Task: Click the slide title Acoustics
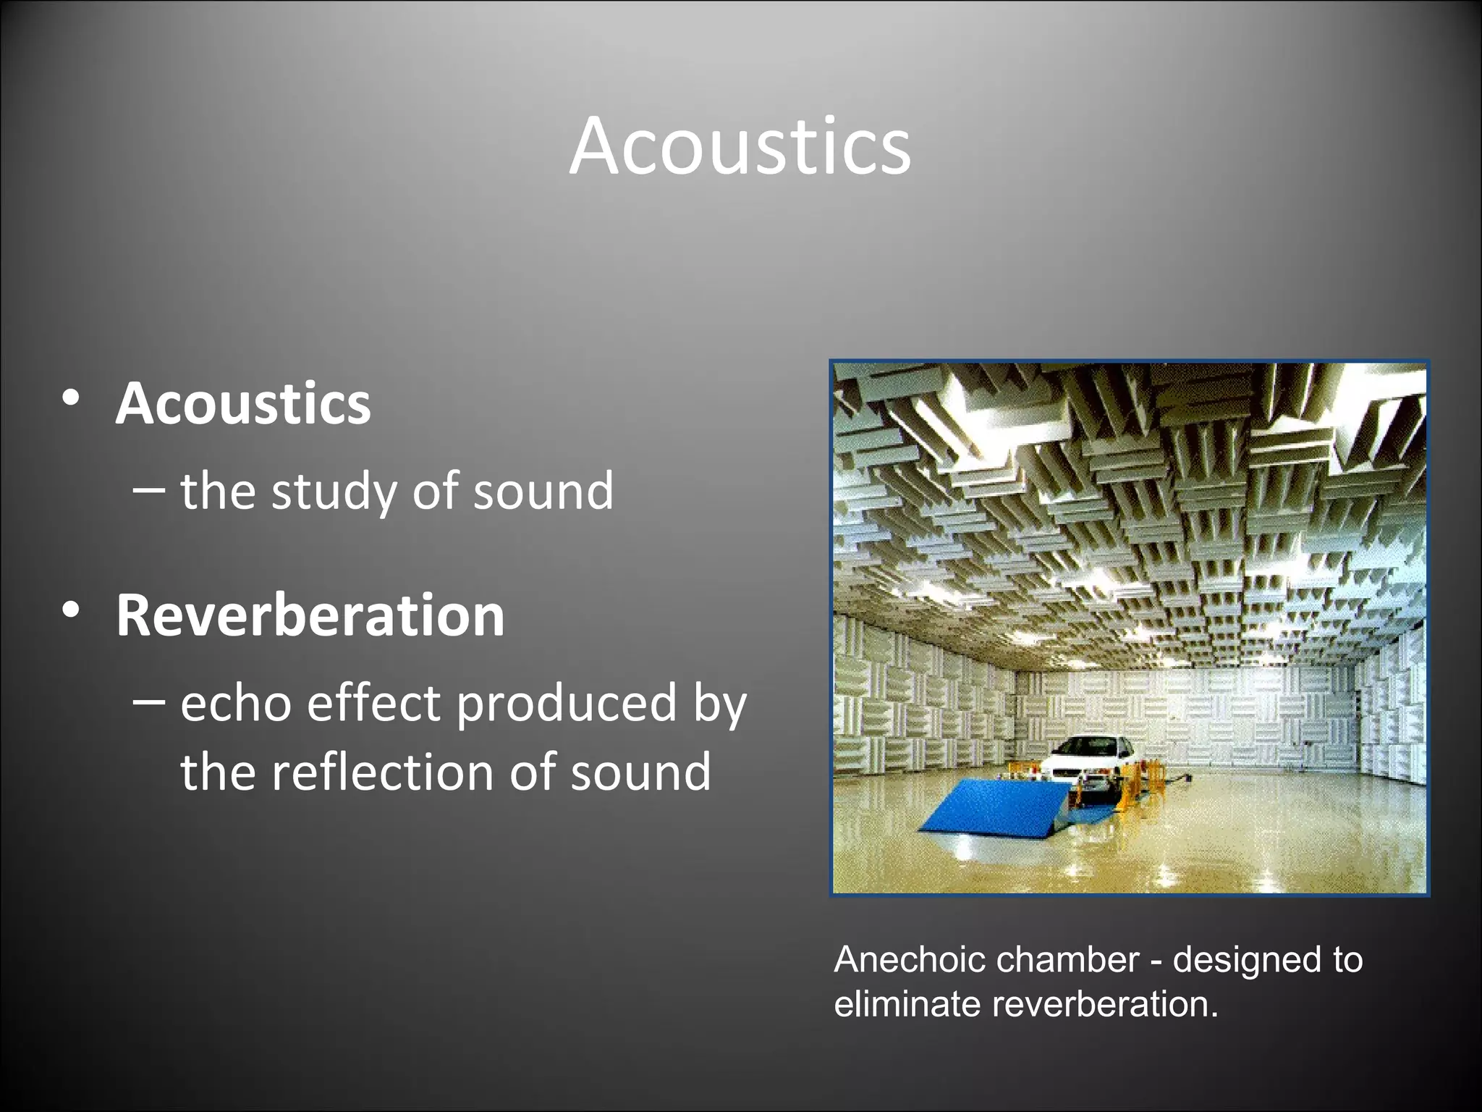(x=740, y=146)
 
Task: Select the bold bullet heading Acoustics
(x=243, y=403)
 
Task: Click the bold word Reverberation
(x=310, y=615)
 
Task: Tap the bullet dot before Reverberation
(x=71, y=610)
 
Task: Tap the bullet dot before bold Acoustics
(x=71, y=398)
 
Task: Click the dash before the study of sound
(x=150, y=490)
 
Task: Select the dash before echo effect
(x=150, y=702)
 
